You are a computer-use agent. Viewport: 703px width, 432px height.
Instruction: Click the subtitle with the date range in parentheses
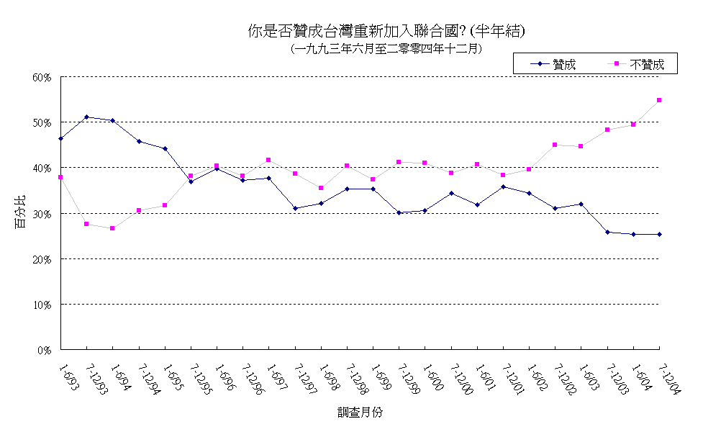[386, 49]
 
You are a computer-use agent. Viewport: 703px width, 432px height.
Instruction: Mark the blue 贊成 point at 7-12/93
[87, 117]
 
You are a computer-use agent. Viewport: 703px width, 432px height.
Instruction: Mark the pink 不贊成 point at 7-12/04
[659, 100]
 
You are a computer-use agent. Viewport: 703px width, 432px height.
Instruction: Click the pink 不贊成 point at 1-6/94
[113, 228]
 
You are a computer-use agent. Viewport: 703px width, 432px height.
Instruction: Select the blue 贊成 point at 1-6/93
[61, 138]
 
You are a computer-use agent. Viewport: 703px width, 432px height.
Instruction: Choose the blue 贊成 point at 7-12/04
[659, 234]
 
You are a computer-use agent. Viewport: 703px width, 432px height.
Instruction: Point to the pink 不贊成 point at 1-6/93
[61, 177]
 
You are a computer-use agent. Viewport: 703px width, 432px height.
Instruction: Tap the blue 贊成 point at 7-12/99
[399, 212]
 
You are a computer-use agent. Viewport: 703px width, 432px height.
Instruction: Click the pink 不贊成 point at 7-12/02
[555, 145]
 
